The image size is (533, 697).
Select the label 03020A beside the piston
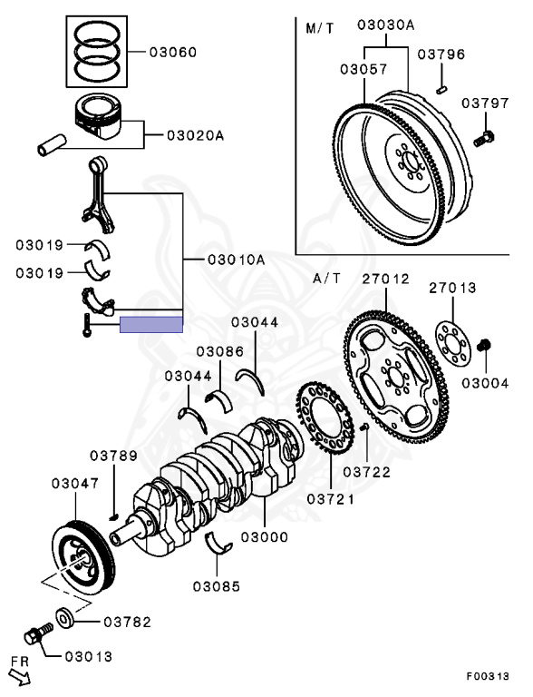click(195, 137)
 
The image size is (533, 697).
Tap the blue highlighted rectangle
click(151, 324)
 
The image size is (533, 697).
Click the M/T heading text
click(319, 28)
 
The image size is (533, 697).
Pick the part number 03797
click(484, 104)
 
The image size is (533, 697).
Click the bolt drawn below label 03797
click(483, 138)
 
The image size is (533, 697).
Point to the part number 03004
click(485, 383)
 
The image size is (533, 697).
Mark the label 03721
click(330, 499)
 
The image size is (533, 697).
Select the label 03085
click(216, 586)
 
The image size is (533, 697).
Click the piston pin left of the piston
click(53, 143)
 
